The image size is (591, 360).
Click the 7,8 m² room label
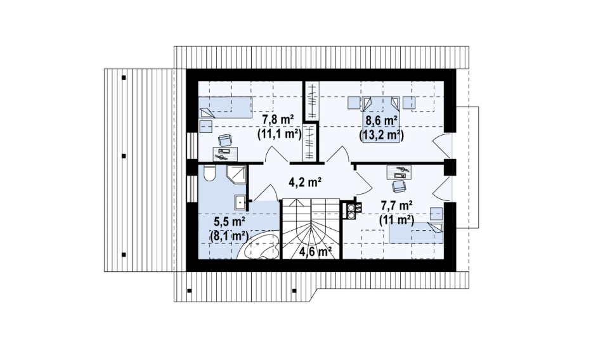point(278,120)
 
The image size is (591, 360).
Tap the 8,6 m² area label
point(381,121)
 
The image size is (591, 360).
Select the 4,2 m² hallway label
point(305,183)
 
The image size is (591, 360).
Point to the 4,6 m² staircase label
point(316,251)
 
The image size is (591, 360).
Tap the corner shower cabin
point(236,174)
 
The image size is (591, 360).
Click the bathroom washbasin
point(240,202)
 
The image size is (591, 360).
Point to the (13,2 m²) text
point(381,135)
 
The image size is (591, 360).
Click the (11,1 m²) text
point(279,134)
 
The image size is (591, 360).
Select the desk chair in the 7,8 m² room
point(225,141)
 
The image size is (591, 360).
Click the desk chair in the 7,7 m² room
point(399,185)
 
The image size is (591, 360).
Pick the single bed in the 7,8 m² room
point(225,108)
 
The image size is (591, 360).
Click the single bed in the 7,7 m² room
point(416,233)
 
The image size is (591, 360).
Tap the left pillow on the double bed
point(368,103)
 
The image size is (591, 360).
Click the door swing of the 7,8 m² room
point(276,155)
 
